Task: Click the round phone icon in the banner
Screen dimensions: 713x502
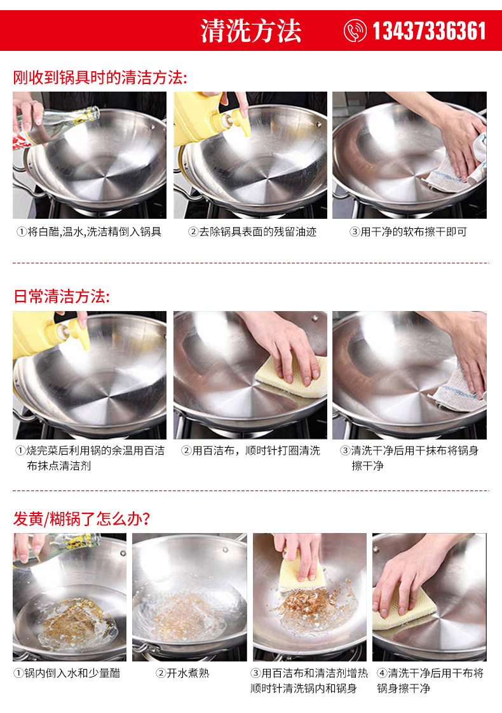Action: [355, 31]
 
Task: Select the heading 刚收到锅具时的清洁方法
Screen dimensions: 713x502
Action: [100, 78]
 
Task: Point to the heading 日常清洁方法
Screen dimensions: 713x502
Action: [62, 296]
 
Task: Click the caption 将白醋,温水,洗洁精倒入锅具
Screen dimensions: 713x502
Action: [89, 232]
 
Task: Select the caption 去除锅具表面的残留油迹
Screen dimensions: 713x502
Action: [252, 232]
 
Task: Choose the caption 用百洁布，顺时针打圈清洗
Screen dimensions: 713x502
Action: [250, 451]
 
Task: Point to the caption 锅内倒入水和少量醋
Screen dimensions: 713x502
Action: [67, 673]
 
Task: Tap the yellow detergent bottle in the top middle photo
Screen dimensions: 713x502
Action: [203, 118]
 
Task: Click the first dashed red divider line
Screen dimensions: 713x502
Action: [251, 263]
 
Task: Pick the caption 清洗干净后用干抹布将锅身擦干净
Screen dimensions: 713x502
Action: [409, 458]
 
